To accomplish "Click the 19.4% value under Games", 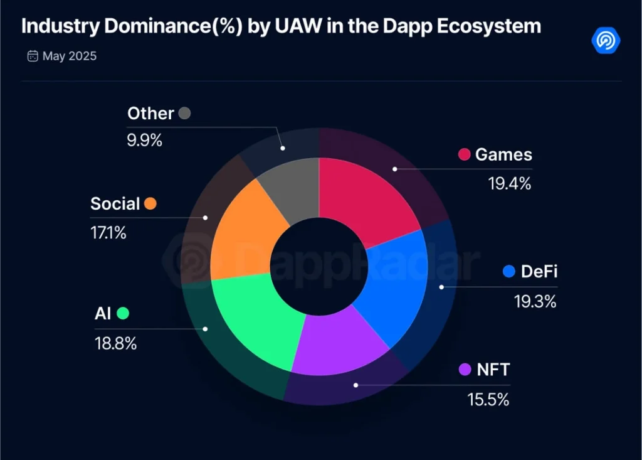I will pos(510,184).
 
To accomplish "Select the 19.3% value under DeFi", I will pos(535,301).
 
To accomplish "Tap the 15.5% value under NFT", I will pos(488,398).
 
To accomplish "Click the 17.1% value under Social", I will pos(108,233).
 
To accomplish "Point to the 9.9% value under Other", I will pos(145,140).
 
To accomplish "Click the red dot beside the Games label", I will pos(465,154).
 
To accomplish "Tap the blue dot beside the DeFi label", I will pos(509,272).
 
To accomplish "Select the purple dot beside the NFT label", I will pos(465,369).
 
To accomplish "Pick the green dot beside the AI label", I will pos(123,313).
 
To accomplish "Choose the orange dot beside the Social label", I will pos(150,204).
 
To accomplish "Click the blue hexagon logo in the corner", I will pos(606,40).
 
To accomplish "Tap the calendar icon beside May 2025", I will pos(33,56).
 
